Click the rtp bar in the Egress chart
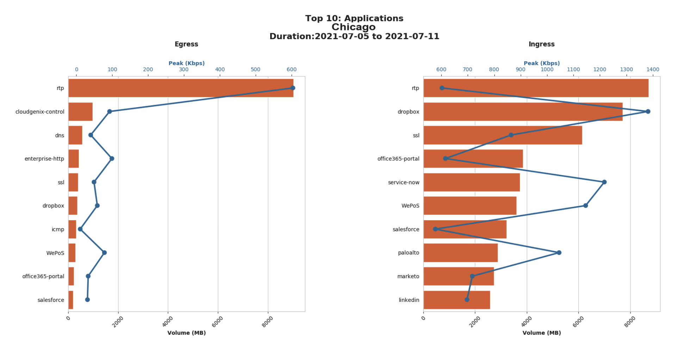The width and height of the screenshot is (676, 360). (x=181, y=88)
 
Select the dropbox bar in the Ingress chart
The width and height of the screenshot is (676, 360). (x=523, y=112)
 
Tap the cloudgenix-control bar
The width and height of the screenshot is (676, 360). (x=80, y=112)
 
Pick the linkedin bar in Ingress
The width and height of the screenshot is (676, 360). (x=457, y=300)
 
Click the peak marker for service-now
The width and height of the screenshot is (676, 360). (x=604, y=182)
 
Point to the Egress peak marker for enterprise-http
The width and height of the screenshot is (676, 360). (x=112, y=159)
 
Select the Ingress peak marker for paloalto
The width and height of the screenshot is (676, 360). (x=559, y=253)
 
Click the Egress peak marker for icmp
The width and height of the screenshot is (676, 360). (x=80, y=229)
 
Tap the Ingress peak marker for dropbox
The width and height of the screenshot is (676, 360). (x=648, y=111)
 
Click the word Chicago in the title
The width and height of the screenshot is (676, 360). (x=353, y=27)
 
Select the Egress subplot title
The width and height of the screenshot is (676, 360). (x=186, y=44)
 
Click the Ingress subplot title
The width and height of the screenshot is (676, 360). (x=541, y=44)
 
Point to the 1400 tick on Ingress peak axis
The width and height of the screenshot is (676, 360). (x=653, y=69)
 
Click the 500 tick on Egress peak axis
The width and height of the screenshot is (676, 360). (x=255, y=69)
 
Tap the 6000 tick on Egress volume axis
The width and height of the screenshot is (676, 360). (x=218, y=321)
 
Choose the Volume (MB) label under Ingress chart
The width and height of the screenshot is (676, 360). (x=541, y=333)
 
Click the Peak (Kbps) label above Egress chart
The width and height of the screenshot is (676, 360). (x=186, y=63)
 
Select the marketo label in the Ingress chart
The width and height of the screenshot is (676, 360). (x=408, y=277)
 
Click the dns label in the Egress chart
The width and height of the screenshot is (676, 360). (x=60, y=135)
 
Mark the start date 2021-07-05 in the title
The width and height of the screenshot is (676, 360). (x=341, y=36)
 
